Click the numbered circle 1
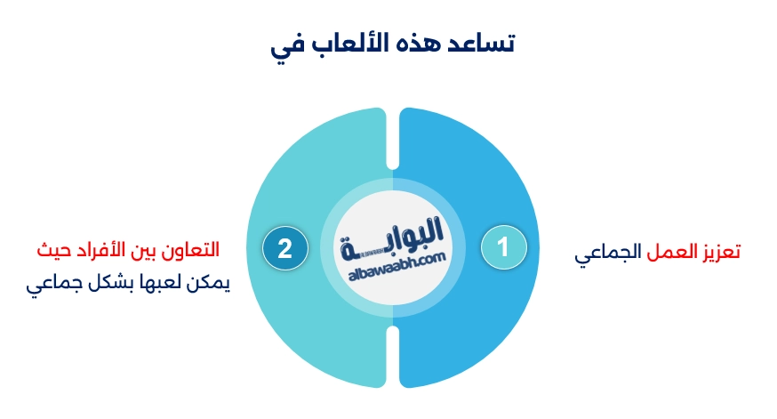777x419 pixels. (504, 248)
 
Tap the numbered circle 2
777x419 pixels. (284, 248)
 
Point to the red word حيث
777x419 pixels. (52, 248)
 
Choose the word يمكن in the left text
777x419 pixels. (212, 286)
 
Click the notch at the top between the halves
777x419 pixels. (392, 116)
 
